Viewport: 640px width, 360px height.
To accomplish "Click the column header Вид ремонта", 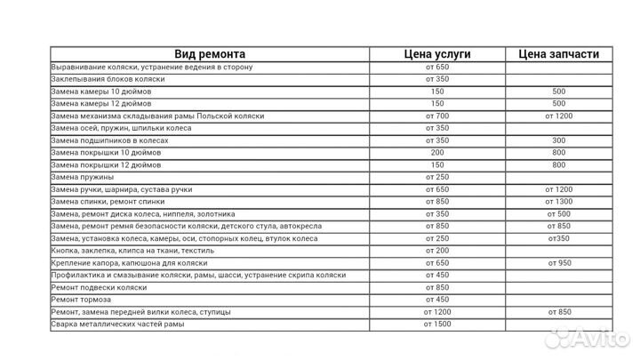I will [x=210, y=54].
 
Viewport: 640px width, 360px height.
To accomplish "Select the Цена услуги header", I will [x=436, y=54].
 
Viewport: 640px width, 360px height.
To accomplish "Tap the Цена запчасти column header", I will [x=558, y=54].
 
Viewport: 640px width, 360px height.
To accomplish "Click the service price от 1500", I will [x=436, y=324].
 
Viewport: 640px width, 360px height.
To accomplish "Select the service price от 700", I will [x=436, y=116].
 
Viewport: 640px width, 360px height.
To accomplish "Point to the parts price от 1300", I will [x=558, y=202].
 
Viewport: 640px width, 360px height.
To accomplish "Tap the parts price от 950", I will [x=558, y=263].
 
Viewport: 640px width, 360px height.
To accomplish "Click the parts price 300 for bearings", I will [x=558, y=140].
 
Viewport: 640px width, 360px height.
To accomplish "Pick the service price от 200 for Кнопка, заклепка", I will [x=436, y=251].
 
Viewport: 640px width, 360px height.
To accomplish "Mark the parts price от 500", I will [x=558, y=214].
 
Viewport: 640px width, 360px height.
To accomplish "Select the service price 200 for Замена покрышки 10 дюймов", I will [x=436, y=153].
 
